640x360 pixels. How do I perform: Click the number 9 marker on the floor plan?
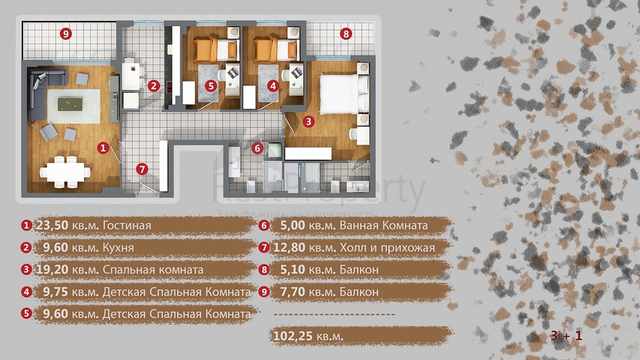coord(66,34)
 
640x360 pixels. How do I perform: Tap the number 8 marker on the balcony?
coord(346,34)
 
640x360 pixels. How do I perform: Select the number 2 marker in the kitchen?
coord(154,85)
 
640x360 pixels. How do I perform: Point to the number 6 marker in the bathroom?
coord(257,148)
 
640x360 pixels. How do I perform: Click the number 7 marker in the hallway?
coord(142,169)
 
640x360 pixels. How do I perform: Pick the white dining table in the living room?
coord(65,172)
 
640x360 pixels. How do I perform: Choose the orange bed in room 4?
coord(275,49)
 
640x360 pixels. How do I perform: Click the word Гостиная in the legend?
coord(127,225)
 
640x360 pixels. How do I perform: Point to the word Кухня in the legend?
coord(119,247)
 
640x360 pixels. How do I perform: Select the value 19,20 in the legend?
coord(53,270)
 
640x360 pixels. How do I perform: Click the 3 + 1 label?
coord(566,335)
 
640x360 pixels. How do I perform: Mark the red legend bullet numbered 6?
coord(264,225)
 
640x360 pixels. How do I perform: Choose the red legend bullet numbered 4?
coord(26,292)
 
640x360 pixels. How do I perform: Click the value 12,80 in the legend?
coord(289,247)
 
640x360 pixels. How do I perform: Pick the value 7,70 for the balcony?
coord(293,292)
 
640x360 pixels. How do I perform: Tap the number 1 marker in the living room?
coord(103,148)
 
